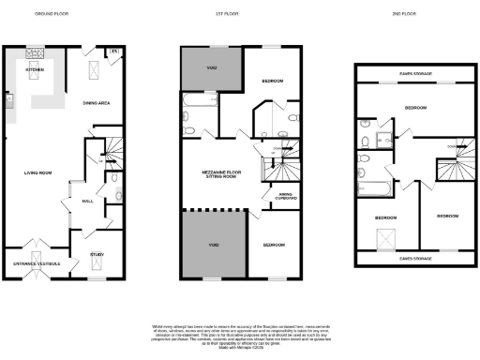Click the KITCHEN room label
tap(34, 68)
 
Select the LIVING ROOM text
tap(37, 172)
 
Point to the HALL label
tap(87, 201)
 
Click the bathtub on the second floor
tap(375, 187)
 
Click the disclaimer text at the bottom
tap(240, 335)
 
